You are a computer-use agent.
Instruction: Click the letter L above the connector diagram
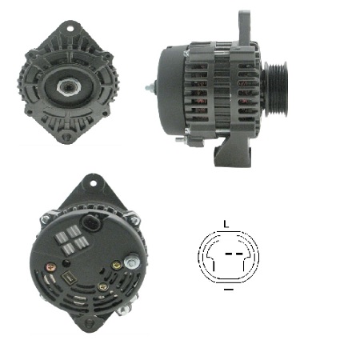[226, 224]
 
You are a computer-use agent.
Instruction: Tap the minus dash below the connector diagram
[229, 290]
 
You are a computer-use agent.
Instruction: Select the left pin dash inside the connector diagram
[228, 254]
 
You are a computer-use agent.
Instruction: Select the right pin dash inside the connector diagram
[239, 254]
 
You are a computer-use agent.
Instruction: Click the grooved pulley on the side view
[276, 89]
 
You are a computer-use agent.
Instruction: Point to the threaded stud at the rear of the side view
[150, 88]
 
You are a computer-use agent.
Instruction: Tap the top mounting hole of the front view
[70, 29]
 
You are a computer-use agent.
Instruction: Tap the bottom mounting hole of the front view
[66, 137]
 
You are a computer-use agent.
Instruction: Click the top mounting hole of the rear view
[93, 183]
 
